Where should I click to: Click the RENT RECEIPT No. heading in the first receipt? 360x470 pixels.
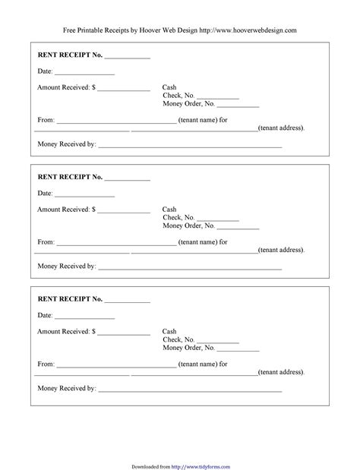tap(70, 56)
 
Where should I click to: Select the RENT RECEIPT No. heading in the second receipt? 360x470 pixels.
tap(70, 177)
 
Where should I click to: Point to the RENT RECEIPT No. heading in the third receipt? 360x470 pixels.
tap(70, 299)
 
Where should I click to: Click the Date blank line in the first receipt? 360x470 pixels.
tap(84, 74)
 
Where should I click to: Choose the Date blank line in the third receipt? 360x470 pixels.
tap(84, 317)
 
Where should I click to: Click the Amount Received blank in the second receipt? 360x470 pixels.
tap(124, 211)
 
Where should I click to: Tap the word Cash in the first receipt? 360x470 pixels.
tap(169, 87)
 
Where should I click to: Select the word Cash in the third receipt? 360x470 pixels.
tap(169, 332)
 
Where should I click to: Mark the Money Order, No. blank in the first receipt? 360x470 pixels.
tap(238, 106)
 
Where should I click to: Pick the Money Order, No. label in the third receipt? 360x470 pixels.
tap(188, 349)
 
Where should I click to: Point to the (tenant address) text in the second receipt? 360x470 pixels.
tap(281, 250)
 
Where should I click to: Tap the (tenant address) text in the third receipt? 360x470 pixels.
tap(281, 372)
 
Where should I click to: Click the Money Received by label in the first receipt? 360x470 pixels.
tap(67, 144)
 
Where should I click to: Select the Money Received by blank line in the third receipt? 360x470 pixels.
tap(190, 390)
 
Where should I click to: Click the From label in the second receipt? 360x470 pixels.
tap(46, 242)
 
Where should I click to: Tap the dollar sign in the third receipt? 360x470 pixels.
tap(94, 332)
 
